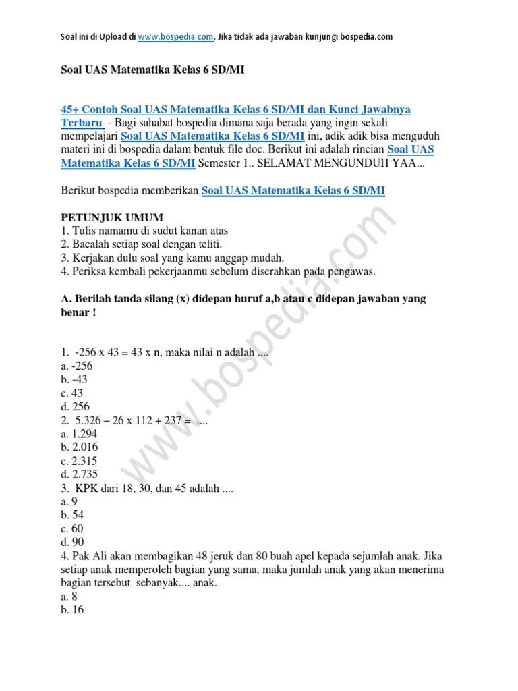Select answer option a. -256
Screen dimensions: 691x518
tap(77, 366)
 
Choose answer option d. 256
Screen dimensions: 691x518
tap(76, 407)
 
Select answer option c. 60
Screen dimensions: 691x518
tap(72, 528)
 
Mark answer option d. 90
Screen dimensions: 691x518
tap(72, 542)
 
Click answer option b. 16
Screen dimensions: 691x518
tap(72, 611)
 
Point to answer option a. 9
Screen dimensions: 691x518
tap(69, 501)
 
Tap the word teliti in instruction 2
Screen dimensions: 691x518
tap(206, 244)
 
